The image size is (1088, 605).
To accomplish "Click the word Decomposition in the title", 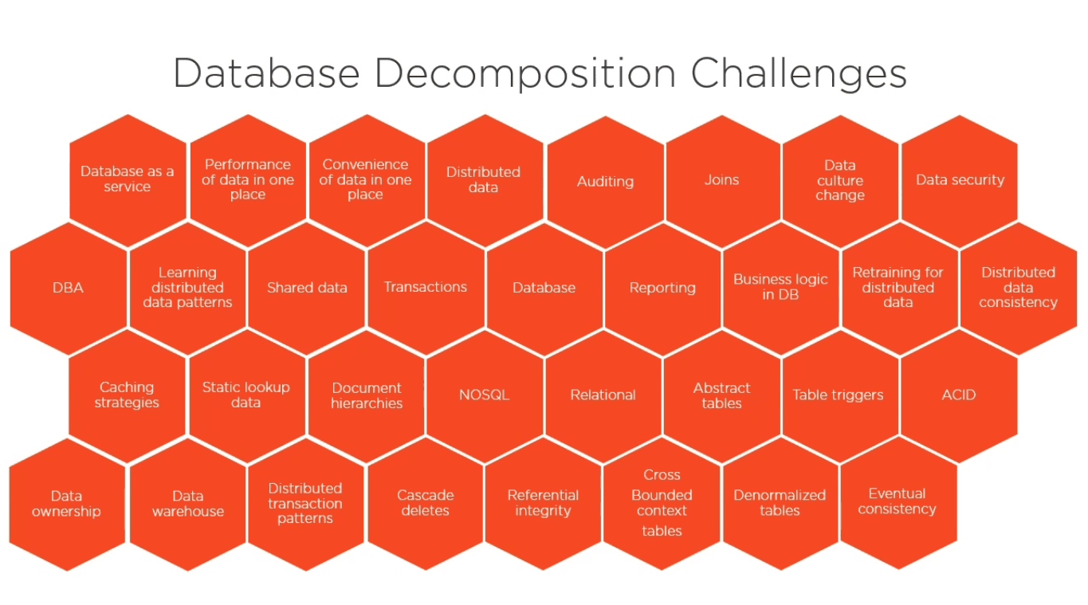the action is point(525,74).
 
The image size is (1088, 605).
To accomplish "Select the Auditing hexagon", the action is point(605,182).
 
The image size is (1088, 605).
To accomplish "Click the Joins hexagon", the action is point(722,181).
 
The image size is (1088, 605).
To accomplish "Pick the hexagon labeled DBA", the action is point(68,288).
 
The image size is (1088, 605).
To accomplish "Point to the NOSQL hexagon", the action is point(485,395).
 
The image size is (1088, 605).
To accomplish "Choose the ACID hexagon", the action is point(959,395).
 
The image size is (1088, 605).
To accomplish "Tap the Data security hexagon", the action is point(960,181).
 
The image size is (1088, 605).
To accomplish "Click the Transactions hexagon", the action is point(426,288).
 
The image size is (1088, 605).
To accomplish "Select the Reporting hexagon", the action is point(662,288).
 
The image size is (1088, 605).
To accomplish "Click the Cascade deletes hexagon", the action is point(426,503).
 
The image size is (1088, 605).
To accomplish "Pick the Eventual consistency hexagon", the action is point(898,502).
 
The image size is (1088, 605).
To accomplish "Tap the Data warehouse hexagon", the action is point(188,504).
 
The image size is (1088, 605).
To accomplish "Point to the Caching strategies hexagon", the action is point(127,395).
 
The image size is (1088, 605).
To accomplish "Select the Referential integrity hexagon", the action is point(543,503).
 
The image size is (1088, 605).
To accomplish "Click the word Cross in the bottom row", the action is point(662,475).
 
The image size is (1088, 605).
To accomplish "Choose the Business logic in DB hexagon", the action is point(780,288).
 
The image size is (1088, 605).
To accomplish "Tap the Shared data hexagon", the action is point(307,288).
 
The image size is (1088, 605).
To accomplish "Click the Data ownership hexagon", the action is point(67,504).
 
